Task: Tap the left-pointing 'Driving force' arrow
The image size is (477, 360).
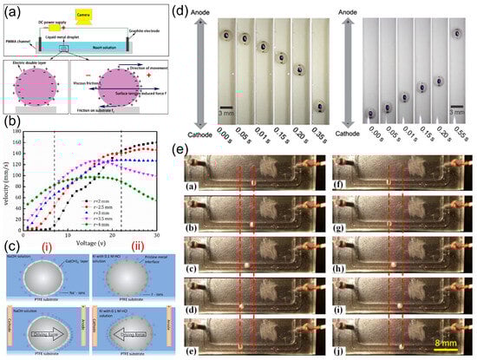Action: click(x=131, y=331)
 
